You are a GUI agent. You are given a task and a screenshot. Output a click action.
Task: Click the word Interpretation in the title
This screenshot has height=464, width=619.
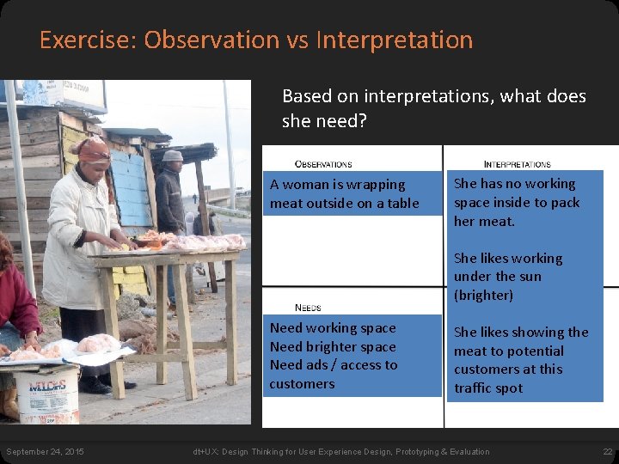click(395, 40)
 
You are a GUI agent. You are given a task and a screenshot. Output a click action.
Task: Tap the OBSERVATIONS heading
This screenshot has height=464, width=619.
click(323, 163)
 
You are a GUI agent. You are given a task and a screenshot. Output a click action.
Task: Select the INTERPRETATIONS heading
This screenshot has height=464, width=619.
click(518, 163)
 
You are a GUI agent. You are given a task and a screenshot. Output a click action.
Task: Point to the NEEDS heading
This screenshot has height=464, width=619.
click(308, 307)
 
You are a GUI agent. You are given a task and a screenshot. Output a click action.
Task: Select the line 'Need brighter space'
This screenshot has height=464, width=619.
click(333, 346)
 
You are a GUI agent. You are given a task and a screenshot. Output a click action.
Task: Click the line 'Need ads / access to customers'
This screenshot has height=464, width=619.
click(334, 374)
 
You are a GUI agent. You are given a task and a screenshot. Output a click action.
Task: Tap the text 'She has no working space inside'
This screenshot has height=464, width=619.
click(517, 202)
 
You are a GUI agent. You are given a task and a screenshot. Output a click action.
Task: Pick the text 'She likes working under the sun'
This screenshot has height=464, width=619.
click(508, 277)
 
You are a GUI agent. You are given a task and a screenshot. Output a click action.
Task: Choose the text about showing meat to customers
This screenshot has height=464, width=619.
click(521, 360)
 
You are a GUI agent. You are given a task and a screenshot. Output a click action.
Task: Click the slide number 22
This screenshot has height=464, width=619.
click(607, 452)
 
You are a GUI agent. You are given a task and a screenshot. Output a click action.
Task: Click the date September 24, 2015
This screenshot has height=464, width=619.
click(45, 452)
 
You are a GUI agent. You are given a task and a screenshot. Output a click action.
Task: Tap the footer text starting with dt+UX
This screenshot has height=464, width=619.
click(341, 452)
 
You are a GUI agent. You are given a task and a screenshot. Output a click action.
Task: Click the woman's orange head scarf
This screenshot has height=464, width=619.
click(92, 150)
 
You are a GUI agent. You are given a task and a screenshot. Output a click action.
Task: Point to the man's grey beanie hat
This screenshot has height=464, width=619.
click(173, 156)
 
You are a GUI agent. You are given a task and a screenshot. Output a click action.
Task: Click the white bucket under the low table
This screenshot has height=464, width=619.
click(48, 394)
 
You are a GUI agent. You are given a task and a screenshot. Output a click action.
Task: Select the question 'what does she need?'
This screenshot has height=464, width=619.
click(434, 108)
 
